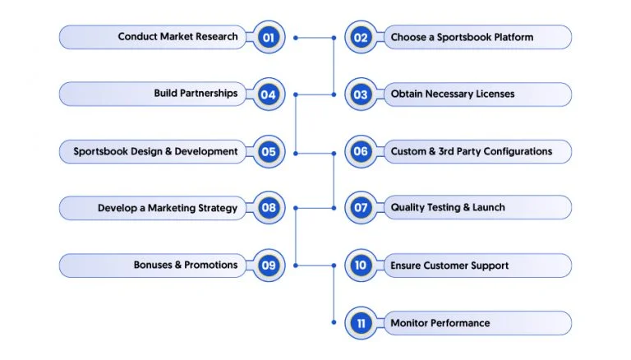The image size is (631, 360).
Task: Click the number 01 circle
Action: tap(269, 37)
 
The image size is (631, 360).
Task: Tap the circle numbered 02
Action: tap(361, 38)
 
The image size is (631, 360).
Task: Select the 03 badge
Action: tap(361, 95)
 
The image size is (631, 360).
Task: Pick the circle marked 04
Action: tap(269, 95)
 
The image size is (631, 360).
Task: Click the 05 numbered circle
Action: tap(269, 152)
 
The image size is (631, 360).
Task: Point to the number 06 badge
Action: tap(361, 151)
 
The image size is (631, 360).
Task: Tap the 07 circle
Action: tap(361, 208)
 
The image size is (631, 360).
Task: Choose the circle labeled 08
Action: tap(269, 208)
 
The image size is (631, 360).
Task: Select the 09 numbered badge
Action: tap(269, 265)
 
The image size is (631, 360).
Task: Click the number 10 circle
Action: tap(361, 265)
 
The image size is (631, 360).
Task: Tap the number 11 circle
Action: tap(361, 323)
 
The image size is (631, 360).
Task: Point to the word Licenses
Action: tap(495, 94)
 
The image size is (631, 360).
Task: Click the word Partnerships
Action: tap(209, 94)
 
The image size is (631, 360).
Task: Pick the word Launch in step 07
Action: tap(489, 207)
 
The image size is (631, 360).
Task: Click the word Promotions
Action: tap(211, 265)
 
